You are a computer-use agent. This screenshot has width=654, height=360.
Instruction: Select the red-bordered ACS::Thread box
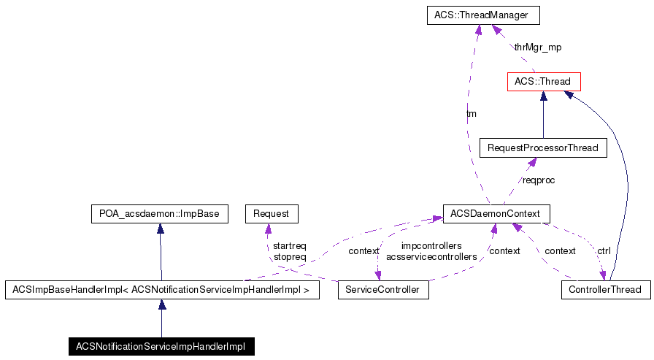point(542,81)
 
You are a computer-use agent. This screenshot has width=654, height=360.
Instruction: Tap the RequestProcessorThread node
point(542,148)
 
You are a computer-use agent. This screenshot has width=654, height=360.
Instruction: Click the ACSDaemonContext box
point(496,214)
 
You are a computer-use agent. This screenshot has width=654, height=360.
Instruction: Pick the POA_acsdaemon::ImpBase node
point(159,214)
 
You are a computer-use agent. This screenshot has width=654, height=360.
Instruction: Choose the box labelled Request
point(272,214)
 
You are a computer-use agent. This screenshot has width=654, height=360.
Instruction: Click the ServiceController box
point(383,290)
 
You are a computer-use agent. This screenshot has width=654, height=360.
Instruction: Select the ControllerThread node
point(605,290)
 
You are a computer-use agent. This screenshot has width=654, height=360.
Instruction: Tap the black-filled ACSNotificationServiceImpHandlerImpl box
point(161,346)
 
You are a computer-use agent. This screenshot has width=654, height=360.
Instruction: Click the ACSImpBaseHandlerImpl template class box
point(162,290)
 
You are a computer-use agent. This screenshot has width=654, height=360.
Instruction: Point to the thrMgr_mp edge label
point(537,47)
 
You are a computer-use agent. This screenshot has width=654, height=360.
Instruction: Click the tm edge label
point(472,114)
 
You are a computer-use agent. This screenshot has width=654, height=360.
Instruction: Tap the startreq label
point(289,246)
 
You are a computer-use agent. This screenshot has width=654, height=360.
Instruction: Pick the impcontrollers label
point(431,246)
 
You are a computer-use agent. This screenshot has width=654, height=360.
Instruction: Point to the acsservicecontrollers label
point(431,256)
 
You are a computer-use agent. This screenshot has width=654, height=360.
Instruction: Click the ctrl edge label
point(604,250)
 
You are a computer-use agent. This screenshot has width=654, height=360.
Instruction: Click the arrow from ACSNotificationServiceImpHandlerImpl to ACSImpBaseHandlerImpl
point(161,318)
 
